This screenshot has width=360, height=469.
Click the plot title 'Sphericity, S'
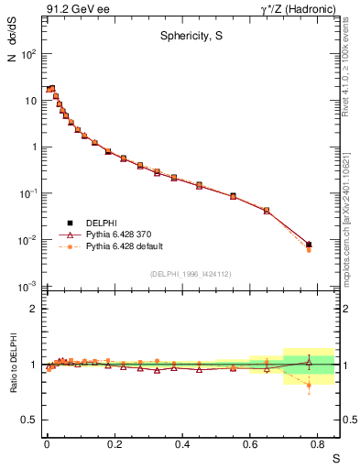[x=188, y=37]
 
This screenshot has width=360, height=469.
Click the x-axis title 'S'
[x=335, y=456]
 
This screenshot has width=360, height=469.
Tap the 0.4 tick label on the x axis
[x=181, y=443]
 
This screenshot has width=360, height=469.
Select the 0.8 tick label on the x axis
[x=317, y=443]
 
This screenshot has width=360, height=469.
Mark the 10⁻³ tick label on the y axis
[x=27, y=287]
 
